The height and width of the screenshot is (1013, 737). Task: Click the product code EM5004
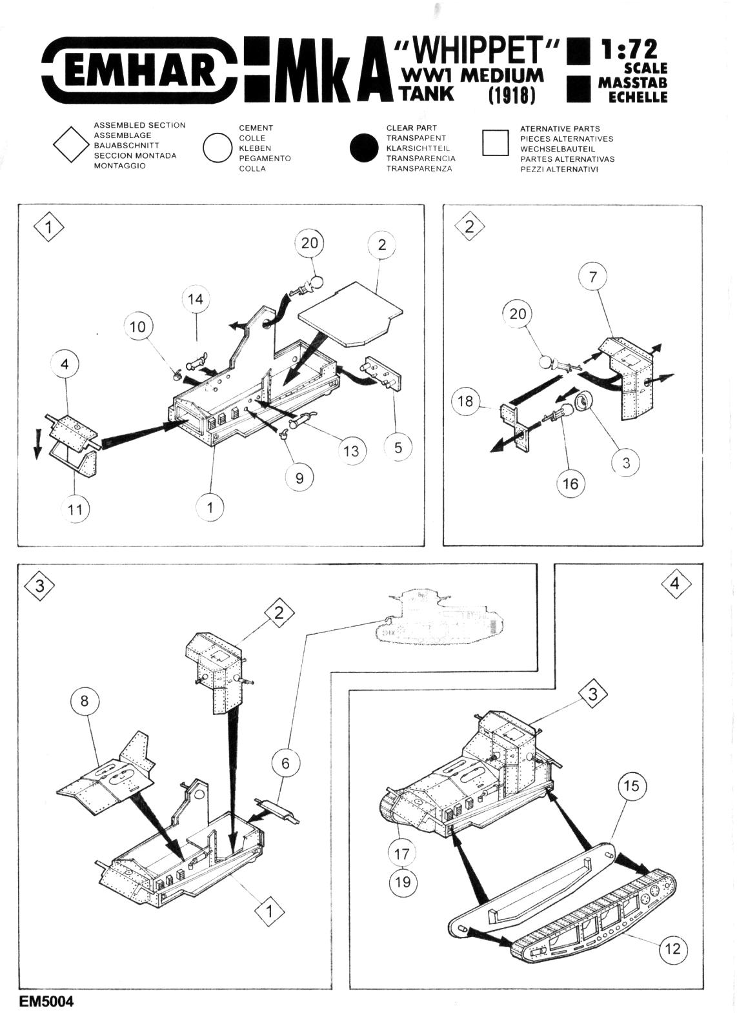[46, 1001]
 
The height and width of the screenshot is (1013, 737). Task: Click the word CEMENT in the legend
[256, 128]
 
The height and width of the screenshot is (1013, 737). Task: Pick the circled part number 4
[65, 364]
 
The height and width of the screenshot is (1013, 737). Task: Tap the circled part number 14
[196, 299]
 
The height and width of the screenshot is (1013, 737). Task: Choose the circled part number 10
[138, 327]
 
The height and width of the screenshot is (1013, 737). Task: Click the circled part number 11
[76, 509]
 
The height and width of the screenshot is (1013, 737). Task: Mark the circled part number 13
[350, 450]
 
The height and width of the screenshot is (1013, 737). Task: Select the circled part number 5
[398, 447]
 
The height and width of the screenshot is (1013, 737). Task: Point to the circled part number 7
[593, 277]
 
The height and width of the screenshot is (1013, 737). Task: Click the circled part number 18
[465, 401]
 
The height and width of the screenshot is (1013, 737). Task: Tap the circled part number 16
[571, 484]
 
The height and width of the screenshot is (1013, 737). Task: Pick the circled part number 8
[85, 700]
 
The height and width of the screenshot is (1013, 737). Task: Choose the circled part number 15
[632, 785]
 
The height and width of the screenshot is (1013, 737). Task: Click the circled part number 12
[672, 948]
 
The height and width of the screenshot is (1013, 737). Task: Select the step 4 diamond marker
[675, 584]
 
